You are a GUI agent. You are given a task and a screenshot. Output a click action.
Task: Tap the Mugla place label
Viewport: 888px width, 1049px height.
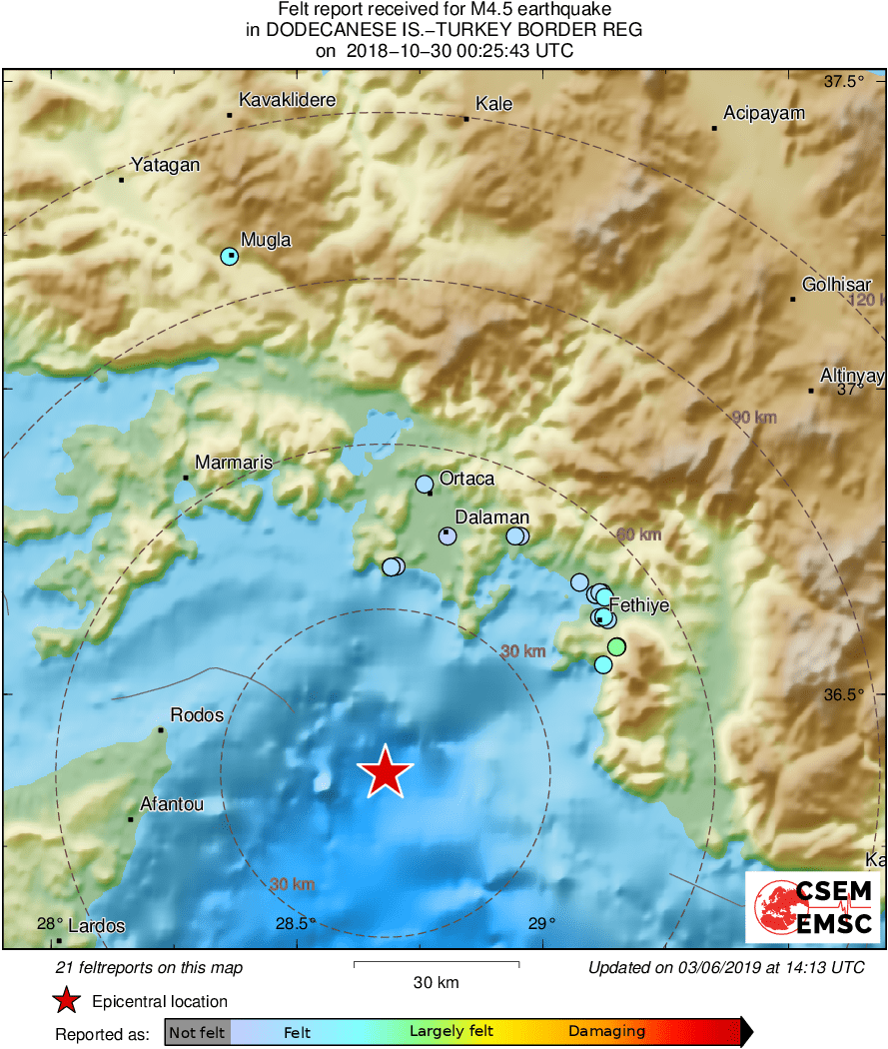[x=266, y=240]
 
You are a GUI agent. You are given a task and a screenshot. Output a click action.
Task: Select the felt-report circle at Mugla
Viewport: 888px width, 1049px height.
[x=230, y=257]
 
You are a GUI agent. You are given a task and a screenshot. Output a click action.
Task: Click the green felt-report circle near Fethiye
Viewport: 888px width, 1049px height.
[x=616, y=646]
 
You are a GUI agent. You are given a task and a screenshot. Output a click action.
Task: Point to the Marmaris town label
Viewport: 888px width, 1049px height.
[x=234, y=463]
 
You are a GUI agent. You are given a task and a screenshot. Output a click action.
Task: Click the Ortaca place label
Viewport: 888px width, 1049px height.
[x=466, y=479]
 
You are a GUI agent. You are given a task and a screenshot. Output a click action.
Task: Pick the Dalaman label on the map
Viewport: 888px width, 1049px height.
[x=491, y=518]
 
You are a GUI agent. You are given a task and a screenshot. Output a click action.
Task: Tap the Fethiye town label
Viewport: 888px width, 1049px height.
[x=638, y=604]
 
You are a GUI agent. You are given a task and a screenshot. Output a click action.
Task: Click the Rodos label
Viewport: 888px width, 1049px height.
[x=197, y=715]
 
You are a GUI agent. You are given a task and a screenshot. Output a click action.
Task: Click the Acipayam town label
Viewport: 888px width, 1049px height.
[x=764, y=113]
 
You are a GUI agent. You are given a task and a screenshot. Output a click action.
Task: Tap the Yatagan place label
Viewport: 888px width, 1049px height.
[x=166, y=166]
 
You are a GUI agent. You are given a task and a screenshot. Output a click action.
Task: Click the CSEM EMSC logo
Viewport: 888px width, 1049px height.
[x=812, y=907]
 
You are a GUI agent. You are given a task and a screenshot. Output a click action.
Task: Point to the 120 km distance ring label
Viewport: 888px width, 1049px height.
[x=866, y=301]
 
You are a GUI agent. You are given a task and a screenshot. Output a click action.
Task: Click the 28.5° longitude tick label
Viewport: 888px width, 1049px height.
[x=298, y=924]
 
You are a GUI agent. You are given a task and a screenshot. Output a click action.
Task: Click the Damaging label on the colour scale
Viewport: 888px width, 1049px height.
[x=606, y=1032]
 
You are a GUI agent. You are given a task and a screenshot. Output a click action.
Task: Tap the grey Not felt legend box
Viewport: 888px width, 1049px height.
[x=197, y=1032]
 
